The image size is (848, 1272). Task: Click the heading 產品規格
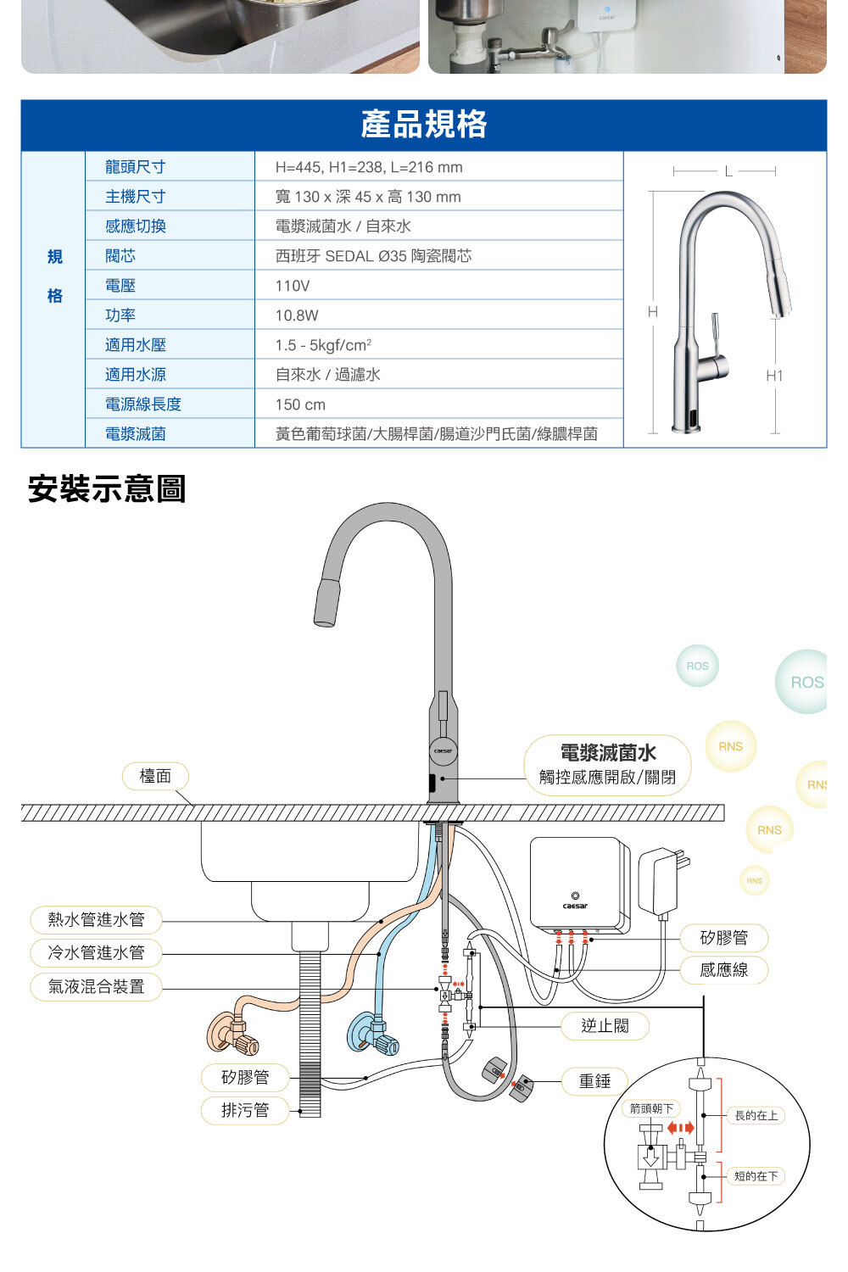[x=423, y=125]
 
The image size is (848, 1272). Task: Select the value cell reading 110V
[x=293, y=286]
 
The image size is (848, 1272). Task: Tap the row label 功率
[x=120, y=315]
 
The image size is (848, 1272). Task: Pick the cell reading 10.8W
[x=297, y=315]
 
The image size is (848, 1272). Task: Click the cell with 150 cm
[x=300, y=404]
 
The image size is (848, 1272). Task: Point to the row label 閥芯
[x=120, y=256]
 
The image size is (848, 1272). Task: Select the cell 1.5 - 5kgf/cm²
[x=323, y=345]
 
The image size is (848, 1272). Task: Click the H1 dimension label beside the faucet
[x=774, y=376]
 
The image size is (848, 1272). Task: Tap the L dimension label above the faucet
[x=728, y=171]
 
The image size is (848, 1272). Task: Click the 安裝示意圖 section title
[x=107, y=489]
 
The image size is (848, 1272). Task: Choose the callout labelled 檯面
[x=155, y=776]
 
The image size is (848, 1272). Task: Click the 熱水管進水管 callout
[x=96, y=919]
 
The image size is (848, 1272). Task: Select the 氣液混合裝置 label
[x=96, y=986]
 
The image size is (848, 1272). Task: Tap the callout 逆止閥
[x=605, y=1026]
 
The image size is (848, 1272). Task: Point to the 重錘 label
[x=594, y=1081]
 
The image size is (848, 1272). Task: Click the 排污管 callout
[x=244, y=1110]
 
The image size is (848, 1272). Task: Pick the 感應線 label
[x=723, y=970]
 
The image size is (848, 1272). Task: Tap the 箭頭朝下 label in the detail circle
[x=651, y=1108]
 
